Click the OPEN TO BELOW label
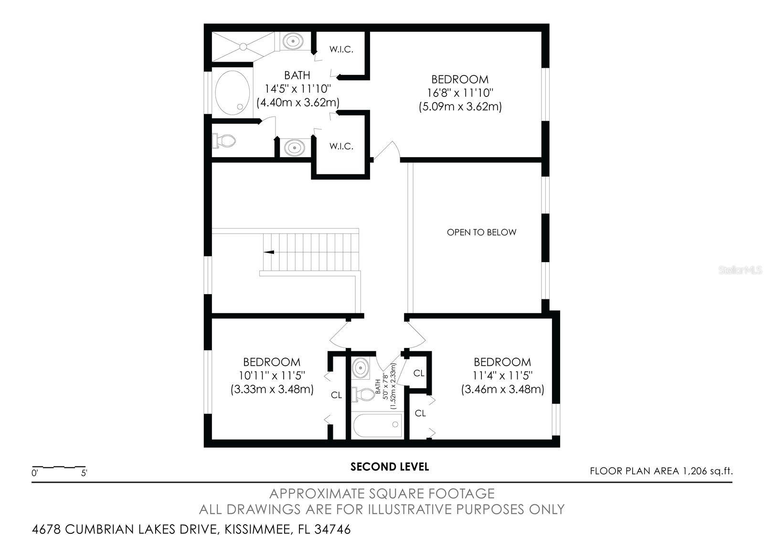pos(481,233)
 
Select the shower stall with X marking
pos(243,46)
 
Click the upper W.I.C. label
pos(341,50)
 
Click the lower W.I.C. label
pos(341,146)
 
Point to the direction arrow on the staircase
pos(269,252)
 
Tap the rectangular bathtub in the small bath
pos(378,424)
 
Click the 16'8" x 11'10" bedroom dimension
pos(459,93)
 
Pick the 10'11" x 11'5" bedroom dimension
pos(272,375)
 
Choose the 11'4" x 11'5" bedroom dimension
pos(502,375)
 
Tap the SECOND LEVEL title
pos(390,466)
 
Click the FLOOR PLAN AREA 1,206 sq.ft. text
pos(661,471)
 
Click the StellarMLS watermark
pos(740,271)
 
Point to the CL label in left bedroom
pos(337,395)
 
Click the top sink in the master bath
pos(293,41)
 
